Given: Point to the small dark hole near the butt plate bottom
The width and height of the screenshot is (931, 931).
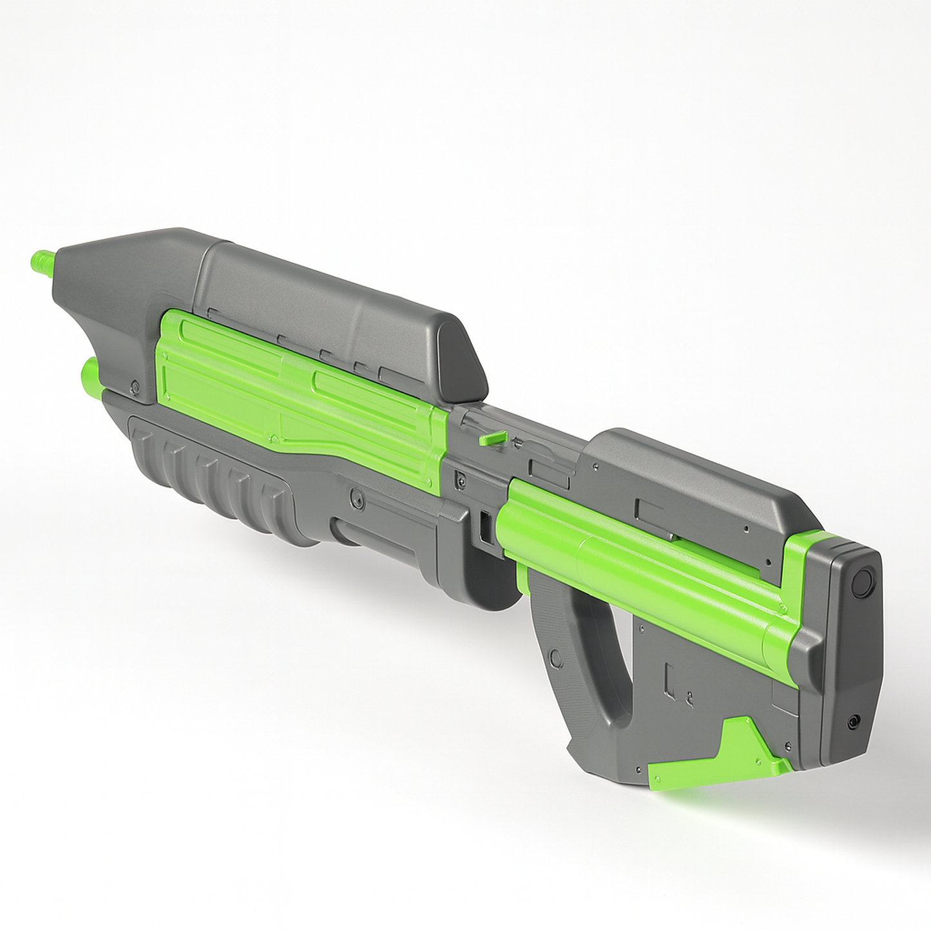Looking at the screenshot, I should pyautogui.click(x=854, y=722).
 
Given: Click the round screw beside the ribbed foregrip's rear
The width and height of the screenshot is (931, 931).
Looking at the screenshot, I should pyautogui.click(x=355, y=498).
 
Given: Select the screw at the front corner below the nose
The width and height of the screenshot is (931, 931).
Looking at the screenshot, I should pyautogui.click(x=135, y=388).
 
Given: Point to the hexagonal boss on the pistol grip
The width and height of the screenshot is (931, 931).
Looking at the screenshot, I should pyautogui.click(x=554, y=658).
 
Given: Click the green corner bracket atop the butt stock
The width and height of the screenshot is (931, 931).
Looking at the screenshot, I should pyautogui.click(x=805, y=554).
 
